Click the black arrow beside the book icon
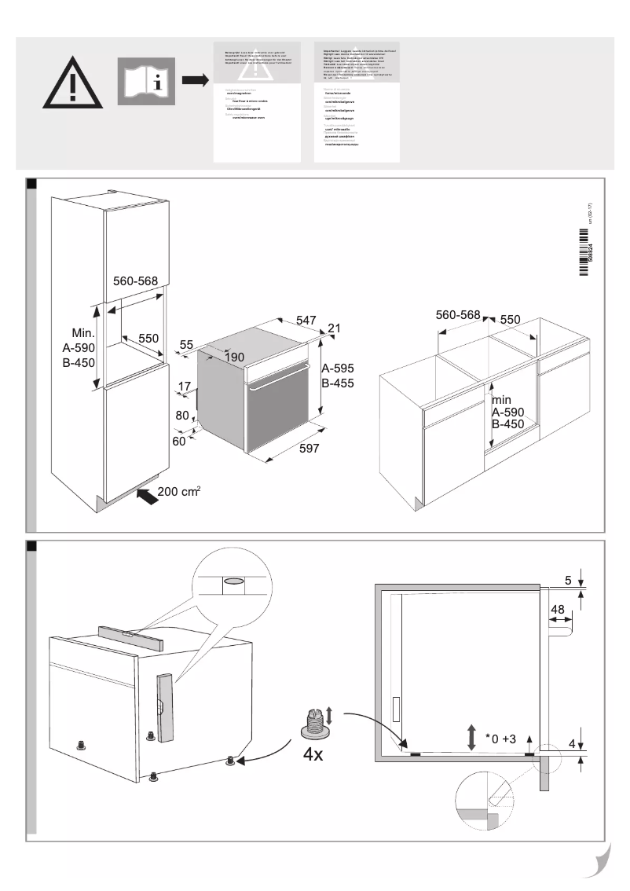(x=194, y=80)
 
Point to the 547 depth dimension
(x=306, y=320)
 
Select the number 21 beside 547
(x=334, y=328)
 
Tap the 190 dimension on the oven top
(x=233, y=357)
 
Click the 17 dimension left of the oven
(x=184, y=386)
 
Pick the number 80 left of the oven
(x=182, y=414)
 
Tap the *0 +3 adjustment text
(x=500, y=738)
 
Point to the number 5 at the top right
(x=568, y=581)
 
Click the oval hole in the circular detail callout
(x=233, y=583)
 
